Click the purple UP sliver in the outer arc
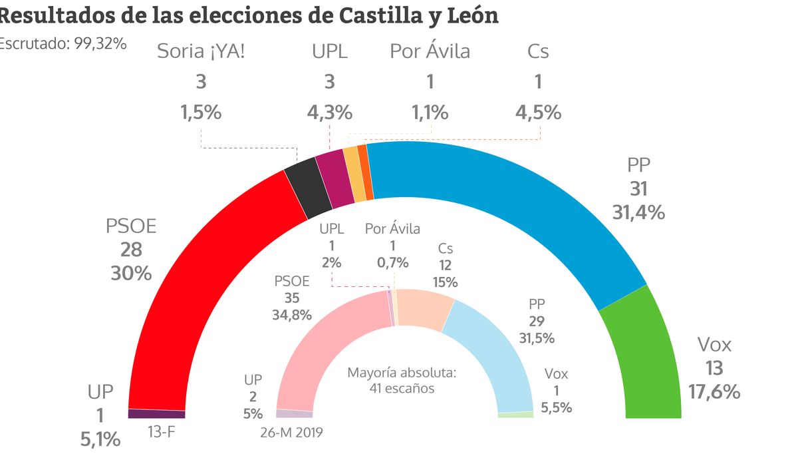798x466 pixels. coord(156,413)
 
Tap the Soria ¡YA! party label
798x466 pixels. coord(201,51)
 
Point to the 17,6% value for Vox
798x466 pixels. coord(715,391)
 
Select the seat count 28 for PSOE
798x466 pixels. coord(132,250)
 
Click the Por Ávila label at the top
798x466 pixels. coord(430,51)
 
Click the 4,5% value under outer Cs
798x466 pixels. coord(538,112)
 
